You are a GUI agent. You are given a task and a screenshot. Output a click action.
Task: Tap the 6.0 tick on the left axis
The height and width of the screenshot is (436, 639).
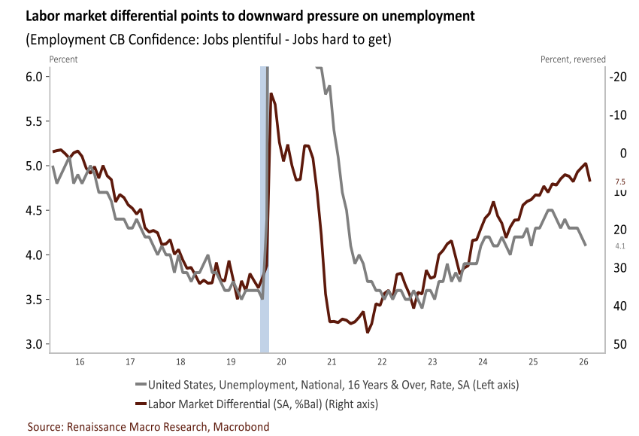pyautogui.click(x=35, y=77)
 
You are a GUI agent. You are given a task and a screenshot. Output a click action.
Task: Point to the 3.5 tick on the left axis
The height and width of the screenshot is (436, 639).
pyautogui.click(x=35, y=300)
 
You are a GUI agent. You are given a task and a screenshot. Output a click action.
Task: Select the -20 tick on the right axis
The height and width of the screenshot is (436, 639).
pyautogui.click(x=618, y=77)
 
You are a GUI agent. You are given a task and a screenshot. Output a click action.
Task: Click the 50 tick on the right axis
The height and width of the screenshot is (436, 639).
pyautogui.click(x=620, y=344)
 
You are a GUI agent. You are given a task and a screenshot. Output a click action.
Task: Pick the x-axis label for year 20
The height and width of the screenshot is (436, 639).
pyautogui.click(x=281, y=361)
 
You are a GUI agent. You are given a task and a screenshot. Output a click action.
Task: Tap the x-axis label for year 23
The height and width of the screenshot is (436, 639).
pyautogui.click(x=432, y=361)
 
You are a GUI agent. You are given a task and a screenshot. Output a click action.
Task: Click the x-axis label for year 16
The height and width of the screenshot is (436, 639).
pyautogui.click(x=80, y=361)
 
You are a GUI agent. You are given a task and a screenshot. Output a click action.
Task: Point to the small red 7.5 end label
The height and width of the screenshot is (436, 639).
pyautogui.click(x=620, y=182)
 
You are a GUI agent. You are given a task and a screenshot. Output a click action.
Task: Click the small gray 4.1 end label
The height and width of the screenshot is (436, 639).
pyautogui.click(x=620, y=245)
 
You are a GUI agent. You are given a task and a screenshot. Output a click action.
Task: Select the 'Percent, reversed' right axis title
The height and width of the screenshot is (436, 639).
pyautogui.click(x=573, y=59)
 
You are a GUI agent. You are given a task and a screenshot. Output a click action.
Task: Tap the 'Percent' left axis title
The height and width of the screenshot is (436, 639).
pyautogui.click(x=63, y=59)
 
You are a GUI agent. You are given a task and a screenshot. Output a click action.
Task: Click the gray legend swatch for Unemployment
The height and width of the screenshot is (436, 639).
pyautogui.click(x=141, y=384)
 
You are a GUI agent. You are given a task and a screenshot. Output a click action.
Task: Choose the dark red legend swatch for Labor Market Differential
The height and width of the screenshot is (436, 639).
pyautogui.click(x=141, y=404)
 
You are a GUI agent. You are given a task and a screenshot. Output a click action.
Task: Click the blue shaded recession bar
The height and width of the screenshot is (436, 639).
pyautogui.click(x=265, y=209)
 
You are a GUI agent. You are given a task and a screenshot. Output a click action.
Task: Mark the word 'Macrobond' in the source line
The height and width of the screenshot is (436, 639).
pyautogui.click(x=241, y=427)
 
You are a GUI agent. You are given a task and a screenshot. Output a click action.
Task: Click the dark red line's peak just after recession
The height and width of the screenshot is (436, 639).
pyautogui.click(x=271, y=94)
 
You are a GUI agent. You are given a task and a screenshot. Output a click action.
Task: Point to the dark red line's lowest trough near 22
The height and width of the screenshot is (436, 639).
pyautogui.click(x=368, y=332)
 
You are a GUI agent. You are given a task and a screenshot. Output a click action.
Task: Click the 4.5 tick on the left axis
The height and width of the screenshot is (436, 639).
pyautogui.click(x=35, y=211)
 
